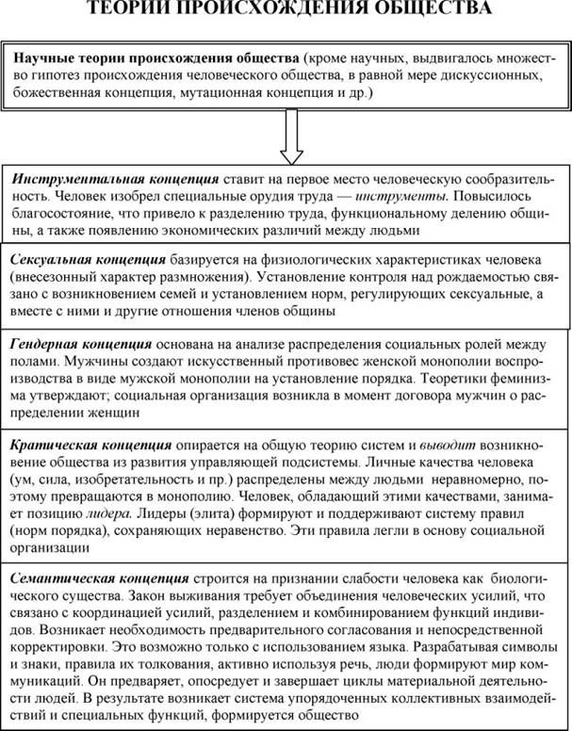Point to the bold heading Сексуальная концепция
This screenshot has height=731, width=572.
pos(87,258)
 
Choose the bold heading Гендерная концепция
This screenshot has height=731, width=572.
pos(80,344)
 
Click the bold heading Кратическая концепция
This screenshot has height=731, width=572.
pos(90,443)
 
